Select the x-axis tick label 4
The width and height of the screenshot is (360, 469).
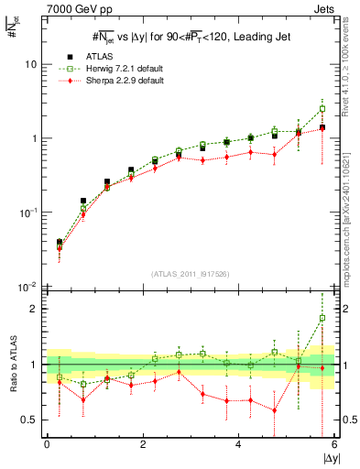pyautogui.click(x=239, y=444)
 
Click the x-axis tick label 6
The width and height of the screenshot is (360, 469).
pyautogui.click(x=333, y=444)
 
